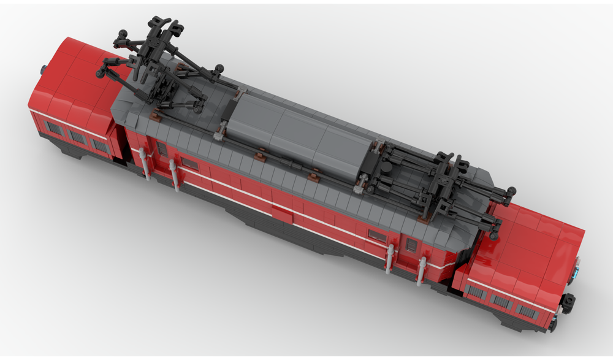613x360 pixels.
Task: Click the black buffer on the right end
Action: [568, 302]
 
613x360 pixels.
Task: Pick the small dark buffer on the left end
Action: [44, 69]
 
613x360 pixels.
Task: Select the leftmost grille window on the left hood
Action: [54, 129]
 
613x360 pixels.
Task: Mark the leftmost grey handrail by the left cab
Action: [145, 163]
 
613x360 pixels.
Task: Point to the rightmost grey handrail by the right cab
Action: [422, 270]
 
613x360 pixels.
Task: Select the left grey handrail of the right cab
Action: [389, 257]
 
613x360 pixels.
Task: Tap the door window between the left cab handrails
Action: [162, 148]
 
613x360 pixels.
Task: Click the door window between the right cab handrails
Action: [411, 245]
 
